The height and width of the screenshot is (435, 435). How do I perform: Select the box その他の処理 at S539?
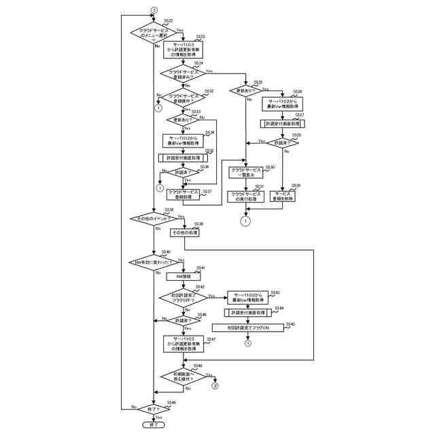click(184, 232)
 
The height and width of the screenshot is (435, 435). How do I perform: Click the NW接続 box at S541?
click(184, 277)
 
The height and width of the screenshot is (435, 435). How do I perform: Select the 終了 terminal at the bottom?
click(154, 424)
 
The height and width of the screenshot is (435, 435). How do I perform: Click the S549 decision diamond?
click(154, 408)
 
